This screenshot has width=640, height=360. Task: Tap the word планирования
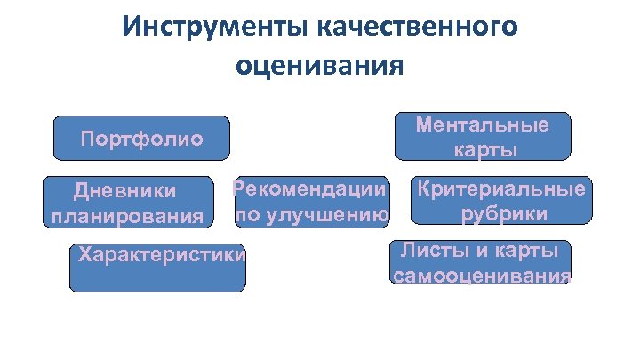tap(124, 216)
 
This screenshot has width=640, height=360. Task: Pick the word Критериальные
tap(502, 189)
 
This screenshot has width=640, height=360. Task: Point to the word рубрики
tap(503, 214)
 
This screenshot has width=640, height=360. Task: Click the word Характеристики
tap(161, 255)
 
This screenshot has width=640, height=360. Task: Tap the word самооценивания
tap(481, 275)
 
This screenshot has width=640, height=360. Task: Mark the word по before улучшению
tap(246, 214)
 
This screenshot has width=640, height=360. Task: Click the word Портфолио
tap(142, 140)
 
